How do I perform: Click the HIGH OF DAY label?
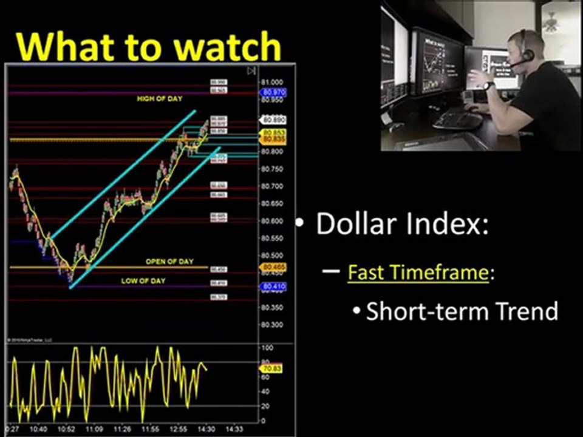(x=159, y=98)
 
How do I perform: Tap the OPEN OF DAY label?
(x=169, y=262)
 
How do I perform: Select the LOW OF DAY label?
(x=143, y=281)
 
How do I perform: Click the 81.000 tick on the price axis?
(x=272, y=82)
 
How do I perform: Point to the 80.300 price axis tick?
(x=271, y=325)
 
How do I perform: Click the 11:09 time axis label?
(x=94, y=429)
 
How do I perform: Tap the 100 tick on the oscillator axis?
(x=266, y=348)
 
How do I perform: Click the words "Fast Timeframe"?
(x=418, y=273)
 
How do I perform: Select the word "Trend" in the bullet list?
(x=527, y=311)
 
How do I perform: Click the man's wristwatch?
(x=489, y=86)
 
